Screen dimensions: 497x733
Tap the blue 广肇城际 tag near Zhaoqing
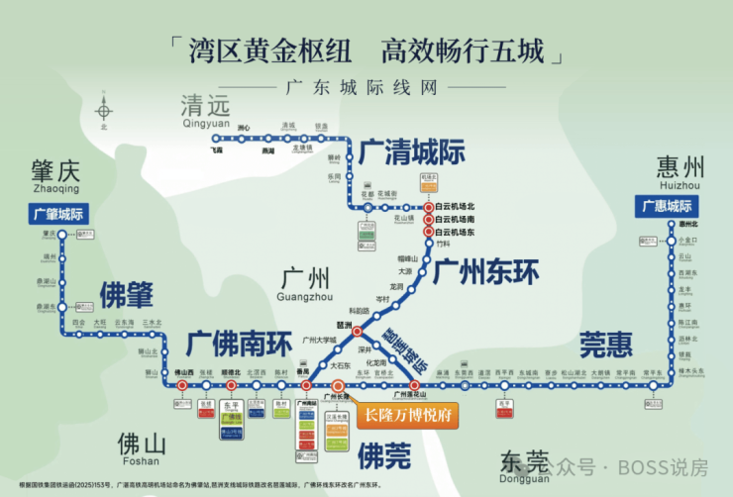click(58, 214)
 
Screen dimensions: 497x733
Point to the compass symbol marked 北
click(103, 108)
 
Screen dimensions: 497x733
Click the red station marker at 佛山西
click(181, 385)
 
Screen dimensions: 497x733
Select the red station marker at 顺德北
click(233, 385)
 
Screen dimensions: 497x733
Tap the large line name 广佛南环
click(237, 345)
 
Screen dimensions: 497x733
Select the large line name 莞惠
click(604, 345)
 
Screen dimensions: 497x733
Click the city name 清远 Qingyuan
click(206, 112)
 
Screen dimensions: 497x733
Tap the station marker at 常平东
click(653, 385)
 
